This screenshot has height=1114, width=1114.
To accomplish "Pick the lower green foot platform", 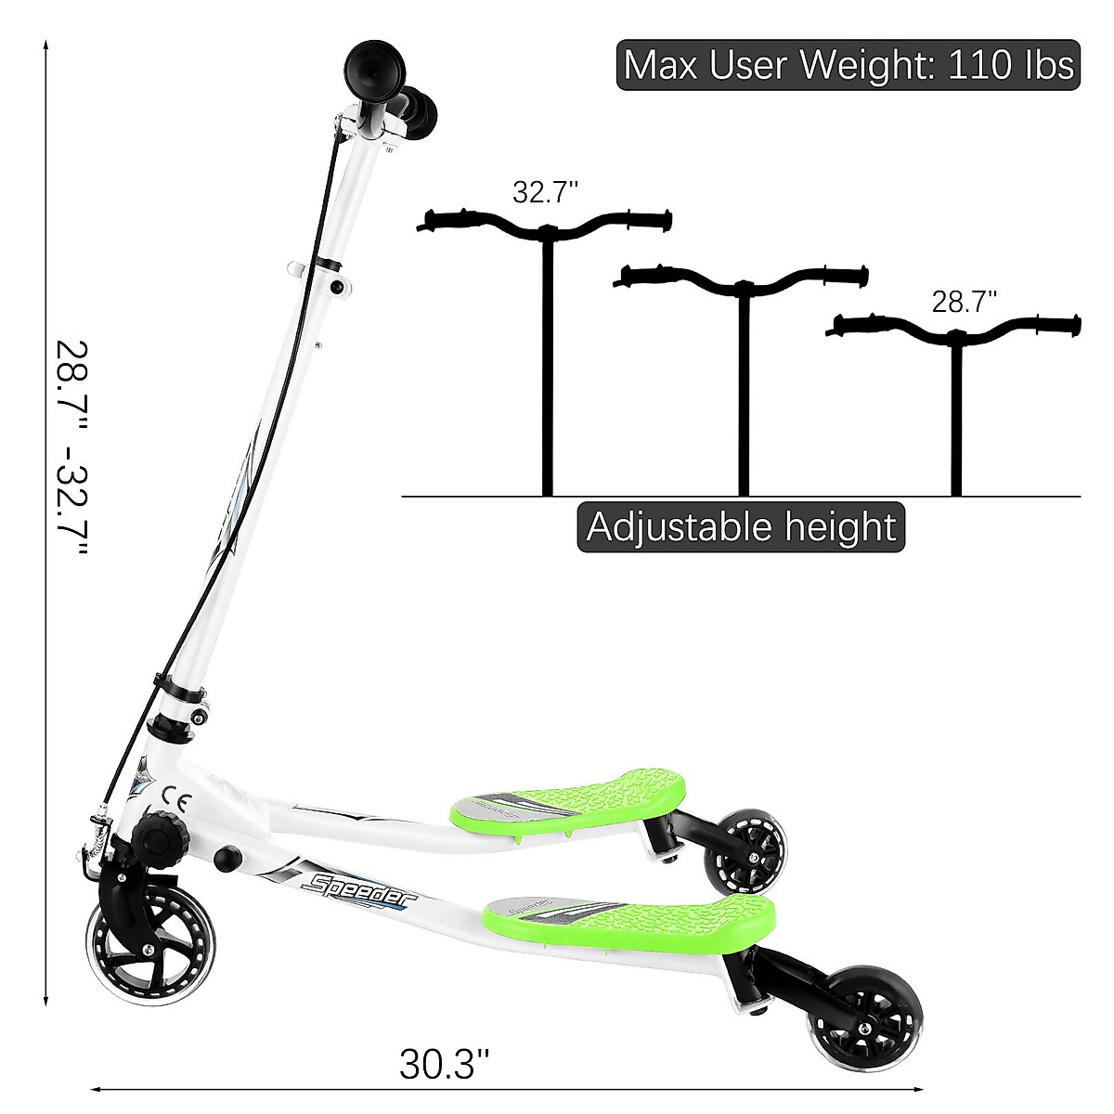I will [631, 917].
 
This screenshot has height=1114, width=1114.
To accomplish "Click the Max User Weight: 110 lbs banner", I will [848, 65].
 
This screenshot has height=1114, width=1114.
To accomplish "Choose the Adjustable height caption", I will [741, 527].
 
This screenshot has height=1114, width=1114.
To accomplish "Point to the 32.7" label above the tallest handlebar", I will [545, 192].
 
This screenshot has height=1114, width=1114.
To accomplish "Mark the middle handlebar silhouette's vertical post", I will [743, 390].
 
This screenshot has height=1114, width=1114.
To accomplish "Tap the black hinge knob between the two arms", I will [227, 857].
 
